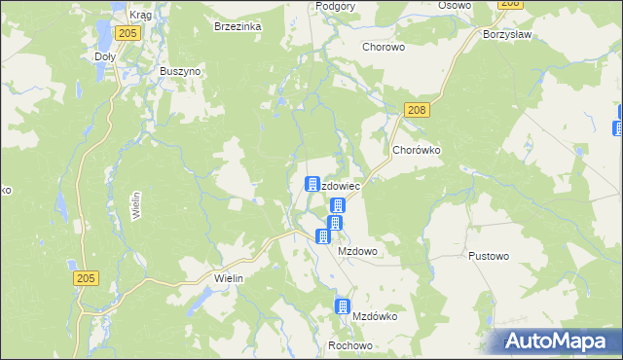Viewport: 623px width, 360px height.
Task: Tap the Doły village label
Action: pos(104,56)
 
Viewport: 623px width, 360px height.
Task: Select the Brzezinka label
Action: pos(238,27)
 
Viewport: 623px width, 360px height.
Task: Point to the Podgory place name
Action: pos(336,6)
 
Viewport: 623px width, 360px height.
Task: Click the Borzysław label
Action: pos(505,33)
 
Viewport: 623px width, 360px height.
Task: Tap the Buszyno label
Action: pos(180,72)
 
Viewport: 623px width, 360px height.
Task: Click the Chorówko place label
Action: pos(418,151)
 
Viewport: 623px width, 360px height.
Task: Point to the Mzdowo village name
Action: pos(357,250)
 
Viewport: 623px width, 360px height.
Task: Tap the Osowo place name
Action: pos(454,6)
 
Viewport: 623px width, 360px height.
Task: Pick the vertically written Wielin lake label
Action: pos(136,206)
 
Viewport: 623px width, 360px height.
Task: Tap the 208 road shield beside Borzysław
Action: pos(509,4)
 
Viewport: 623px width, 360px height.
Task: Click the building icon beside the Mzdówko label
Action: pos(342,306)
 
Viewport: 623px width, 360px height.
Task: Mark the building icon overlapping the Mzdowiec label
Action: pos(312,184)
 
